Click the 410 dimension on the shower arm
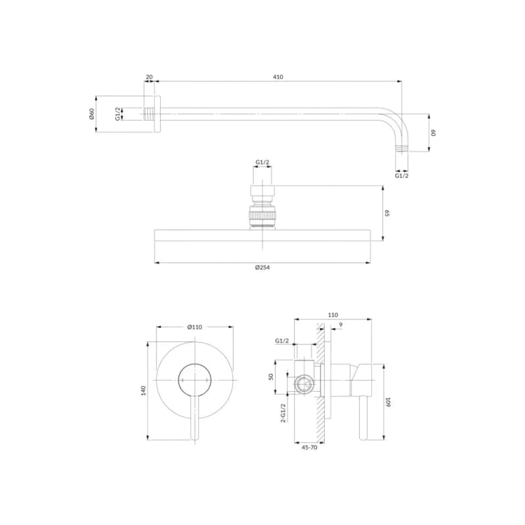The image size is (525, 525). click(278, 77)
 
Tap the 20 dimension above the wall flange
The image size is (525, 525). click(150, 77)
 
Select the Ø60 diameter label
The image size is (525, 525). click(92, 114)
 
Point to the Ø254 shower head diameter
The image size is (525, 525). click(262, 267)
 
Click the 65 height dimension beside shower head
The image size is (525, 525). click(387, 213)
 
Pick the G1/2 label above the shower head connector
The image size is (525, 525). click(262, 162)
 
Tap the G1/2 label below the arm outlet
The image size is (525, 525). click(402, 175)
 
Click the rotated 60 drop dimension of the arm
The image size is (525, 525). click(434, 133)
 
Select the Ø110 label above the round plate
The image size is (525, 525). click(195, 327)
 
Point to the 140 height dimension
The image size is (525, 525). click(144, 390)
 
